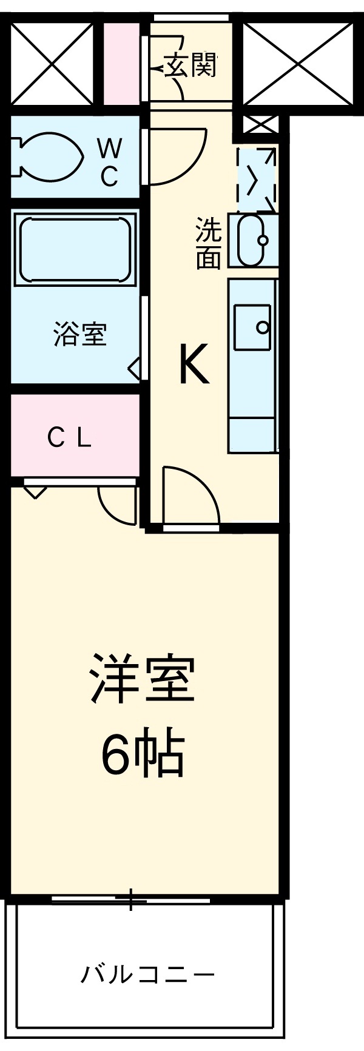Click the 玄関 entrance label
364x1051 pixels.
190,65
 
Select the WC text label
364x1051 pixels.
110,162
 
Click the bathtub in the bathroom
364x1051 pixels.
75,247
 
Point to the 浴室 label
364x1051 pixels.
80,334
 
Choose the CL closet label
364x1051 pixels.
70,438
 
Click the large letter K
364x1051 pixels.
194,364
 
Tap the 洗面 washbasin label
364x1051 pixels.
207,243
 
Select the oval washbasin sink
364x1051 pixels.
252,240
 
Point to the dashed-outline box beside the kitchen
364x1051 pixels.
257,178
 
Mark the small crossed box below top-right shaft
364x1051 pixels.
261,126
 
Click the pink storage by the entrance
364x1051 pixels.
121,62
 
